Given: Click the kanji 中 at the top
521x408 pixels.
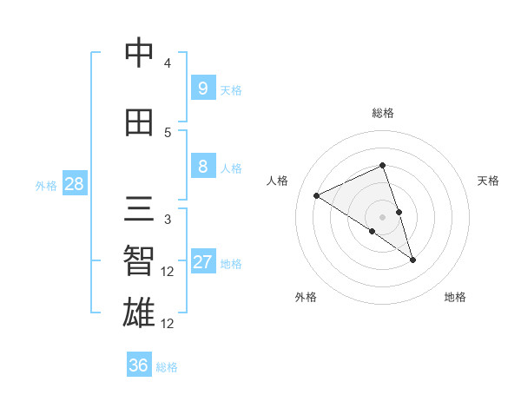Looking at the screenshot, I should [x=140, y=54].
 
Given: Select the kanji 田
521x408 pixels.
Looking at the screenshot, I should [x=140, y=122].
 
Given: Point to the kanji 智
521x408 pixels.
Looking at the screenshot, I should [x=140, y=261].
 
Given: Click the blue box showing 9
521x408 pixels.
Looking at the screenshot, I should [x=202, y=89].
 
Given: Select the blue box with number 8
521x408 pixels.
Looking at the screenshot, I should [x=202, y=167].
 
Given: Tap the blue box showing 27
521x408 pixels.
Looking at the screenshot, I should [x=202, y=262].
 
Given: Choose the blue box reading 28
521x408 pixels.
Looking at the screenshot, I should [x=74, y=184].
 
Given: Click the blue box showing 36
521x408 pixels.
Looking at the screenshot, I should [x=139, y=365].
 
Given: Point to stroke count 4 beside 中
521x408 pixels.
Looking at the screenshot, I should [x=168, y=63].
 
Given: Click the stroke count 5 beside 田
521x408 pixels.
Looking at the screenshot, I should [x=168, y=132].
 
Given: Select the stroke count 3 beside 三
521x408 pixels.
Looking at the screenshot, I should [x=168, y=219].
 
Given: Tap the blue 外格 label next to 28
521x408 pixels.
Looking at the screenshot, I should [x=45, y=185].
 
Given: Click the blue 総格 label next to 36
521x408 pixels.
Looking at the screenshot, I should [x=167, y=366].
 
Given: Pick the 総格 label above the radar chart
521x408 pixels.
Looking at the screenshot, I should [x=383, y=113].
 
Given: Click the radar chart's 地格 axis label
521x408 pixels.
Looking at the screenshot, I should [x=455, y=297].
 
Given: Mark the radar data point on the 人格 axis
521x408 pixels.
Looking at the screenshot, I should [x=317, y=195].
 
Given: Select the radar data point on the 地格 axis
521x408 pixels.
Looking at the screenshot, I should [x=413, y=260].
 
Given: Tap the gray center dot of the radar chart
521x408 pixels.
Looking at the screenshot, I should [x=383, y=215].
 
